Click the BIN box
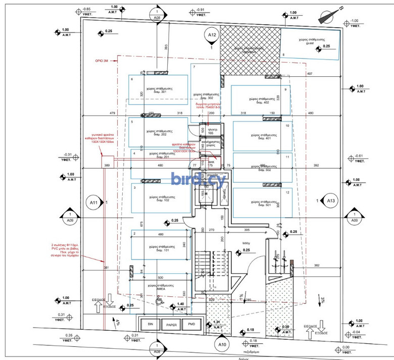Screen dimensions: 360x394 click(150, 324)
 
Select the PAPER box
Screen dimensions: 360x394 click(171, 324)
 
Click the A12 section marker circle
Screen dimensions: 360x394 click(212, 35)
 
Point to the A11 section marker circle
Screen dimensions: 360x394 click(94, 203)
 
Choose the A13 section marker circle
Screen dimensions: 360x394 click(331, 201)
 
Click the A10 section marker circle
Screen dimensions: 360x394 click(221, 345)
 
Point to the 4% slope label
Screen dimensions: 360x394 click(116, 321)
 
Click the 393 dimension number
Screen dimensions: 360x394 click(166, 47)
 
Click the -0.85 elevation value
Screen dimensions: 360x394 click(86, 10)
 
